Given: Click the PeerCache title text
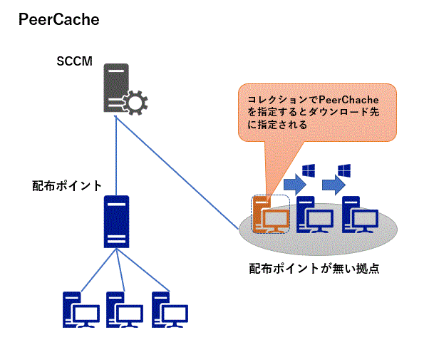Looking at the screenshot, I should [x=58, y=20].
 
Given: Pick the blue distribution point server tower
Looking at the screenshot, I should [x=115, y=222].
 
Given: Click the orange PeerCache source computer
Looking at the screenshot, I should [x=269, y=215].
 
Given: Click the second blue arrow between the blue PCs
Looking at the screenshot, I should [x=332, y=186].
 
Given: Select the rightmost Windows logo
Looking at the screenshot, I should [x=346, y=171].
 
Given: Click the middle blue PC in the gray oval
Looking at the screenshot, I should [x=314, y=215].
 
